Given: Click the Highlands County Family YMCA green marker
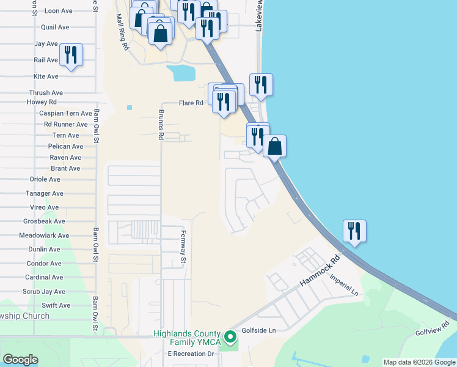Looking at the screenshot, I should pyautogui.click(x=230, y=337).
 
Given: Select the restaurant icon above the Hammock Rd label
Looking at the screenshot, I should pyautogui.click(x=354, y=231).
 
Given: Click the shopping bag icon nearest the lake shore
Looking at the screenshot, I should pyautogui.click(x=275, y=146).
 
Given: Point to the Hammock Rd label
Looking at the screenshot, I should pyautogui.click(x=319, y=273).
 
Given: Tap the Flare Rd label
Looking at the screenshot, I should pyautogui.click(x=191, y=103).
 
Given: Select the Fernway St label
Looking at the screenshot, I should pyautogui.click(x=182, y=243).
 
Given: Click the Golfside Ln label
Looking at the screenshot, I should pyautogui.click(x=260, y=330).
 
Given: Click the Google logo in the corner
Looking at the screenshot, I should pyautogui.click(x=20, y=360).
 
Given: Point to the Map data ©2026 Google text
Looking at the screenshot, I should pyautogui.click(x=419, y=362).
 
